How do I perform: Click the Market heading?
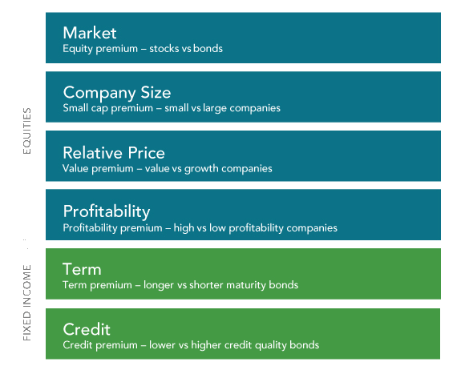pos(90,33)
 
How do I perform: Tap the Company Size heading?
pos(117,92)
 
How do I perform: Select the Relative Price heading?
pos(114,153)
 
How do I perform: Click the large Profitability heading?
pos(107,211)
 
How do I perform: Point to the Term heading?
pos(82,269)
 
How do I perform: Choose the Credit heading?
pos(87,329)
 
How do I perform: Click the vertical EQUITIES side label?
pos(27,131)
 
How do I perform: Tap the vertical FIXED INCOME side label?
pos(27,303)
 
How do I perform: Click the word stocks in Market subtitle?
pos(164,49)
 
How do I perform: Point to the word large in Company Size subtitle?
pos(215,108)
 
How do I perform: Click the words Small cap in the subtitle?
pos(85,108)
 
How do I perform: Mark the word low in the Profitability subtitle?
pos(217,228)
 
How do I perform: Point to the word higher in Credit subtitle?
pos(206,345)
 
